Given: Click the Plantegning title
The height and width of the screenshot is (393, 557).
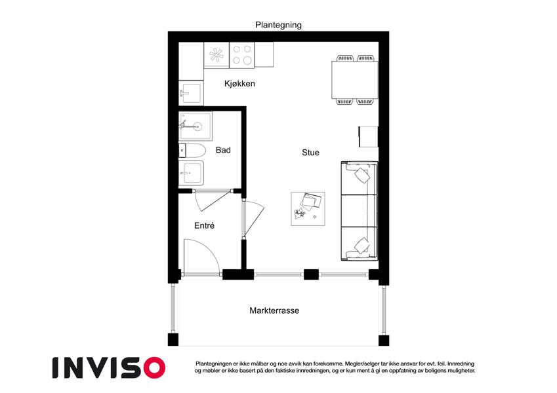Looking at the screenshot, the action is pyautogui.click(x=278, y=25).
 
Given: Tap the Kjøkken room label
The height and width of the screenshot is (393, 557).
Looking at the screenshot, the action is pyautogui.click(x=239, y=84).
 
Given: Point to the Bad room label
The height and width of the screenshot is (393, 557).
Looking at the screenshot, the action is pyautogui.click(x=223, y=150).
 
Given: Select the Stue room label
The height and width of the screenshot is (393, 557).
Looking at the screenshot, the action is pyautogui.click(x=310, y=153).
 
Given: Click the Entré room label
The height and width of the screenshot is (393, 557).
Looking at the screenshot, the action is pyautogui.click(x=204, y=225).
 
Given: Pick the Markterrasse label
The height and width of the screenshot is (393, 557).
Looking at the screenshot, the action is pyautogui.click(x=274, y=310).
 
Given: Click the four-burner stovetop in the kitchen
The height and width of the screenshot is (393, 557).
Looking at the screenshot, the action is pyautogui.click(x=242, y=55).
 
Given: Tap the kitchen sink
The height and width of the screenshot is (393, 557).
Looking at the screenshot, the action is pyautogui.click(x=191, y=93).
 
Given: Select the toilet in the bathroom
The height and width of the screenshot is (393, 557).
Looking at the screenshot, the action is pyautogui.click(x=192, y=151).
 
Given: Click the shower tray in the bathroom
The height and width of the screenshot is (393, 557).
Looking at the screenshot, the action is pyautogui.click(x=196, y=126).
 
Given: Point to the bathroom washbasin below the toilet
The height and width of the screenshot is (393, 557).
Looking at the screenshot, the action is pyautogui.click(x=191, y=173).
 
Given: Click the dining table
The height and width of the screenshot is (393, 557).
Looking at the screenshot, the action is pyautogui.click(x=354, y=80).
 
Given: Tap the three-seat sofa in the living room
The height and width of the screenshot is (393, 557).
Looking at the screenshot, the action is pyautogui.click(x=359, y=211).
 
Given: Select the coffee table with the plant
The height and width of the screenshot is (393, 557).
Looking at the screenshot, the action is pyautogui.click(x=308, y=209).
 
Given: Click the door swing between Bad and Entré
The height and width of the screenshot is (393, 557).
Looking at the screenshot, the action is pyautogui.click(x=212, y=200).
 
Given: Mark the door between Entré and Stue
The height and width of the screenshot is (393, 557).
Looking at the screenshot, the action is pyautogui.click(x=253, y=219).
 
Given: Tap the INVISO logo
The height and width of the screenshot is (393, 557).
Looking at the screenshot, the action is pyautogui.click(x=109, y=367).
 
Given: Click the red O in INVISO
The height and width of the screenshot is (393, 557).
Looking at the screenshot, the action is pyautogui.click(x=155, y=367).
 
